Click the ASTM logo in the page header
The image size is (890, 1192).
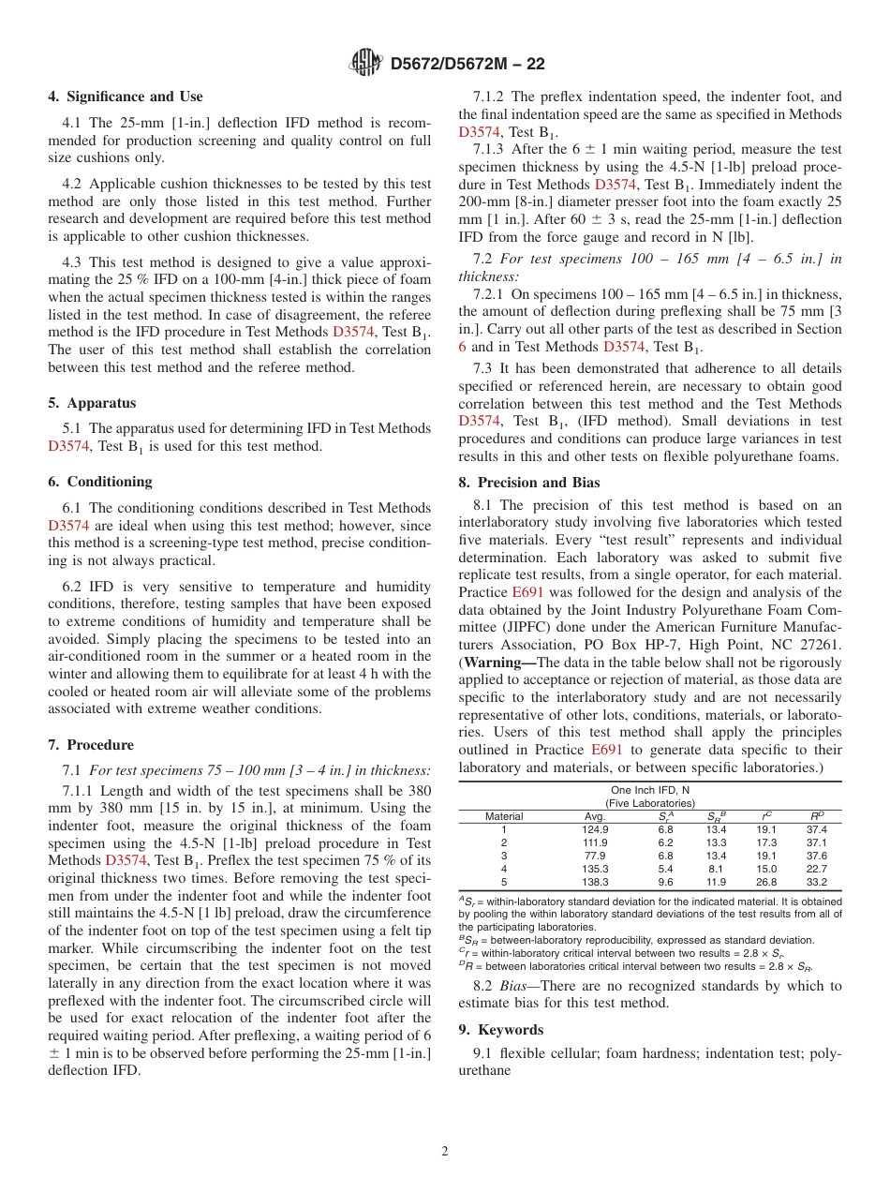pos(365,63)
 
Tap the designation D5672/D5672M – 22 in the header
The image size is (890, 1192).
pos(467,64)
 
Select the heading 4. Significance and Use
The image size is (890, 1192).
pos(126,97)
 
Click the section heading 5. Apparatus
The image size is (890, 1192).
pos(92,403)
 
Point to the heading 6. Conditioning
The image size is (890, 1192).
pos(99,482)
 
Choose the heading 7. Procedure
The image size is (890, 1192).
pos(91,745)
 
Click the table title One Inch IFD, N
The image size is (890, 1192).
pos(649,790)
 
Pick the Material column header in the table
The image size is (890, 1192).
pos(503,816)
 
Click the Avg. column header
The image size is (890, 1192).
pos(594,816)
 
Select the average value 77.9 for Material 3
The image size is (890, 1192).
pos(594,856)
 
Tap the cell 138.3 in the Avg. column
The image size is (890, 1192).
pos(594,882)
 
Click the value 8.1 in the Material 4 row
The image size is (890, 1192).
pos(716,869)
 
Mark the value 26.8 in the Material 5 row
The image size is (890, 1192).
pos(765,882)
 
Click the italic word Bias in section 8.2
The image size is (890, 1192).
pos(521,986)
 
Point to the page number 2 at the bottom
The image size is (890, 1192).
pos(445,1152)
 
